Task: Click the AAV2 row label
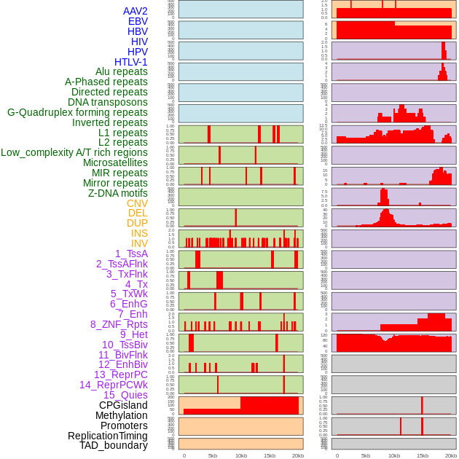[x=136, y=11]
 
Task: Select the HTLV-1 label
[x=131, y=62]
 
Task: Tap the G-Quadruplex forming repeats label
[x=77, y=112]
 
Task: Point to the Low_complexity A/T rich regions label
[x=74, y=152]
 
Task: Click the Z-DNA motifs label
[x=118, y=193]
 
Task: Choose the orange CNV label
[x=137, y=203]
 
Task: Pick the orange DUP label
[x=137, y=223]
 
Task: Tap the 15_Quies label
[x=125, y=395]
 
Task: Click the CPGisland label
[x=123, y=405]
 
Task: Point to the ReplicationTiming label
[x=108, y=436]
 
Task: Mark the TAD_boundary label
[x=114, y=445]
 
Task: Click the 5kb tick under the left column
[x=213, y=455]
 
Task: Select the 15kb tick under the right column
[x=422, y=455]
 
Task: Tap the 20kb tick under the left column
[x=298, y=455]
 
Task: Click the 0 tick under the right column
[x=337, y=455]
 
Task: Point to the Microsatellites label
[x=115, y=162]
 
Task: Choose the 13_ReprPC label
[x=121, y=374]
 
